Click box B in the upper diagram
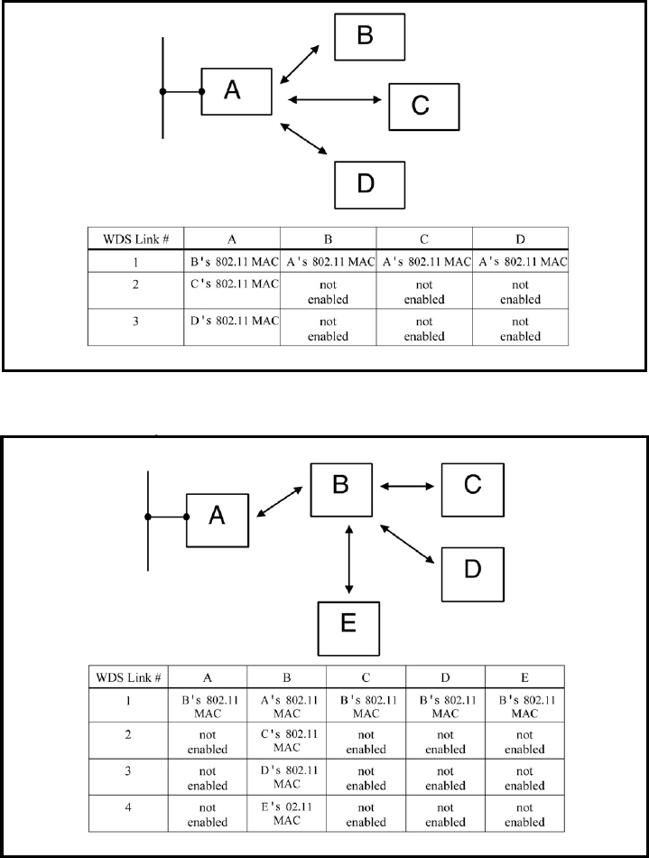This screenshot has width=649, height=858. point(369,36)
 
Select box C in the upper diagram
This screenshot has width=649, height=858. point(423,106)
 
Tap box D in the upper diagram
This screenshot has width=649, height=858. point(369,184)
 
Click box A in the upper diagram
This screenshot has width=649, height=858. point(236,90)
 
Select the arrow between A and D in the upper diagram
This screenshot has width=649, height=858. point(303,138)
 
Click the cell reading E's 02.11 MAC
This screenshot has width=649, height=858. point(286,812)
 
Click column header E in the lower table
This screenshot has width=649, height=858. point(525,675)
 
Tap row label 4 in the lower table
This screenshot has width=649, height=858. point(131,811)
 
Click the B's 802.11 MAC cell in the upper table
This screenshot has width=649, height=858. point(233,262)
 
